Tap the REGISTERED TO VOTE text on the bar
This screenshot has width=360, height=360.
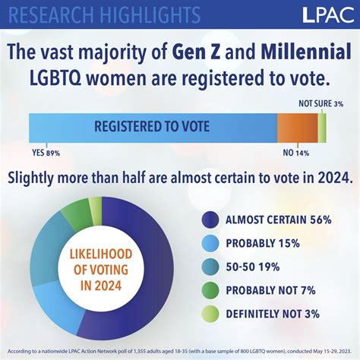point(152,126)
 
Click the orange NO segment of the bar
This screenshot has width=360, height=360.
point(296,126)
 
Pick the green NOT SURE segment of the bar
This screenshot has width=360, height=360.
point(322,126)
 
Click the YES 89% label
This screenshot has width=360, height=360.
point(46,152)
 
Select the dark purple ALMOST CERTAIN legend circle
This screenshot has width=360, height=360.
point(210,219)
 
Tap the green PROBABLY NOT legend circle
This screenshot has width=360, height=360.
point(210,290)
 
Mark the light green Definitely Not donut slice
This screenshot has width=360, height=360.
point(95,207)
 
